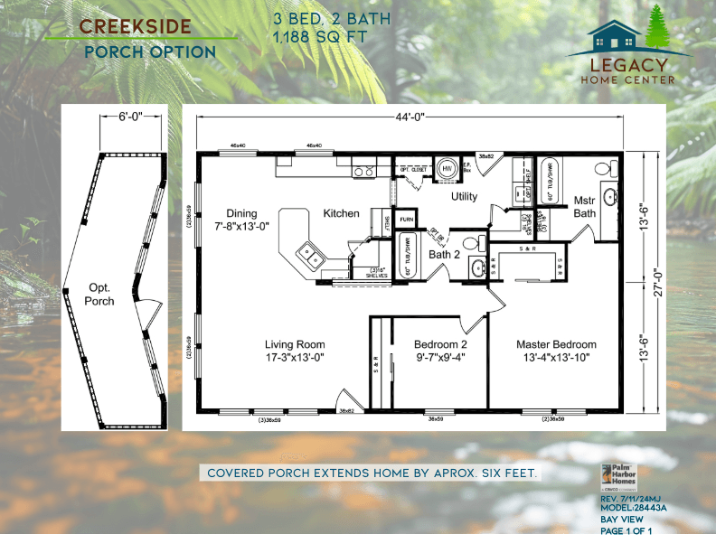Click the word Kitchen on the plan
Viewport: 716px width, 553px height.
pyautogui.click(x=341, y=213)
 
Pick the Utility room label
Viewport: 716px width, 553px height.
pyautogui.click(x=465, y=196)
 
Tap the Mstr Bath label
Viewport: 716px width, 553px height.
pyautogui.click(x=584, y=206)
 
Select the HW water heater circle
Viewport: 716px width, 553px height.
pyautogui.click(x=446, y=169)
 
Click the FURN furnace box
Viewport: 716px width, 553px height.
pyautogui.click(x=407, y=220)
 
